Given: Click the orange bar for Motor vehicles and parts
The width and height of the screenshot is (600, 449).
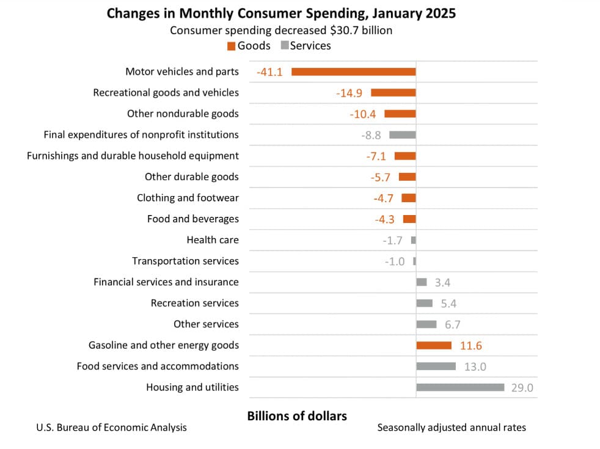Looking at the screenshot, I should tap(353, 71).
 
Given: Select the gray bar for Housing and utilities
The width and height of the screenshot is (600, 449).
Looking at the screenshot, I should tap(460, 387).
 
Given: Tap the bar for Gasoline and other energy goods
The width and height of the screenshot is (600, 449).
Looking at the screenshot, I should tap(434, 345).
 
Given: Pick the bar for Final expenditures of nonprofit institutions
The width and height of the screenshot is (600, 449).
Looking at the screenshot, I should tap(403, 135).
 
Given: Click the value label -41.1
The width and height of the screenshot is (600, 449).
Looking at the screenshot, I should tap(269, 72).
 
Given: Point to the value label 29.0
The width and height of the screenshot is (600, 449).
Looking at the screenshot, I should tap(522, 388).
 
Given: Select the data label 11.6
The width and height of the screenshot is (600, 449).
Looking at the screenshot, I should tap(470, 346).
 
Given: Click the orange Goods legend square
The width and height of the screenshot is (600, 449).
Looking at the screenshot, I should tap(232, 46).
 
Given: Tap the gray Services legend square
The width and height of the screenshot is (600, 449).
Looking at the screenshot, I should tap(284, 46).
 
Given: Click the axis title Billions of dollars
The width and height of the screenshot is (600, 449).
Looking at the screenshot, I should tap(297, 416).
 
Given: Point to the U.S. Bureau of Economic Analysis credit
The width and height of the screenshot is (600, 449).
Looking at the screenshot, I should tap(112, 428).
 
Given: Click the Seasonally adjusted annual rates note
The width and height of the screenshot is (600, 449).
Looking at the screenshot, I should tap(452, 428).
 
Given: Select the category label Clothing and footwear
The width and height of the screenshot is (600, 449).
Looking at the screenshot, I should tap(188, 198).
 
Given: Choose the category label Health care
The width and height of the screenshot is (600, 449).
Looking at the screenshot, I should tap(213, 240).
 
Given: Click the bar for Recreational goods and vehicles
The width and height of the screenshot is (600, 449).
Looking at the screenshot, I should tap(393, 93).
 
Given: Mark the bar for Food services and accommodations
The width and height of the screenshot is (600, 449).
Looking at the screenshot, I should tap(436, 366).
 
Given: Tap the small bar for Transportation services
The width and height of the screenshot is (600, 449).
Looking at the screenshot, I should tap(414, 261).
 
